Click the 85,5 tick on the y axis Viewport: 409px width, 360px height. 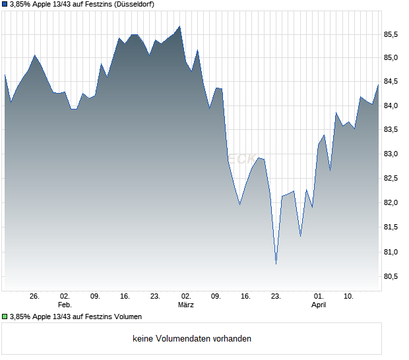pos(393,34)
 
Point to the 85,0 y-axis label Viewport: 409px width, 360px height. pos(393,58)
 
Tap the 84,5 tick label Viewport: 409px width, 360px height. pos(393,82)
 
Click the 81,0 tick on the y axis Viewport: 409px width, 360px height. pos(393,252)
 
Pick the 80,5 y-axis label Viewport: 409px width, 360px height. pos(393,276)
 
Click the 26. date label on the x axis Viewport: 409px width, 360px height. pos(35,297)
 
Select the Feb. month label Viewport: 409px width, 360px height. pos(65,305)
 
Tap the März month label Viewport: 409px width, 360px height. pos(186,305)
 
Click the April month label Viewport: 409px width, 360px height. pos(319,305)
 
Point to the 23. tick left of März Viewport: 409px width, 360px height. pos(156,297)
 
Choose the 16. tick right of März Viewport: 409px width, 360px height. pos(246,297)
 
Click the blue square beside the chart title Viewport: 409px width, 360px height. pos(5,5)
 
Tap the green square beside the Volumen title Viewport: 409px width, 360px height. pos(5,317)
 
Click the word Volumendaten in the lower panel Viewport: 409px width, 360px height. pos(183,339)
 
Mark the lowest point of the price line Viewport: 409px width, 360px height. pos(276,264)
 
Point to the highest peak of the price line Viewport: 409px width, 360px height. pos(180,26)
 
